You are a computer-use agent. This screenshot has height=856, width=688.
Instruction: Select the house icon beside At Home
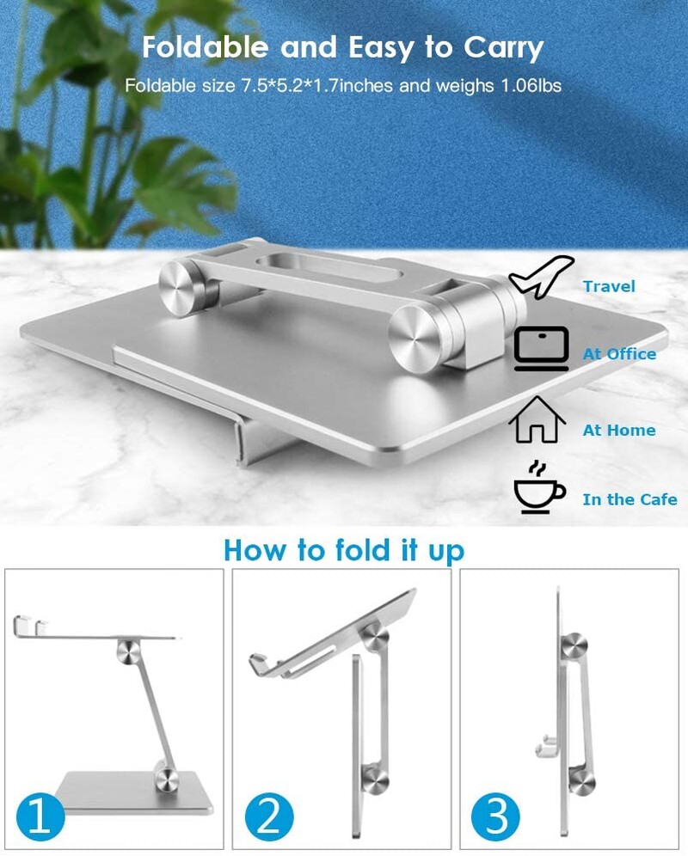click(537, 419)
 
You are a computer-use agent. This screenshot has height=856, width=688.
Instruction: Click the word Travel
click(609, 286)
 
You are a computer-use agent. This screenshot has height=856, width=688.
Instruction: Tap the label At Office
click(619, 354)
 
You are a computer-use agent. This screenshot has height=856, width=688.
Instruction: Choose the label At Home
click(618, 431)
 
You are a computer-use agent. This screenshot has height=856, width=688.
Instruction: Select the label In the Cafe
click(630, 499)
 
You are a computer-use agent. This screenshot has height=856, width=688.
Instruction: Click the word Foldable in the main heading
click(205, 47)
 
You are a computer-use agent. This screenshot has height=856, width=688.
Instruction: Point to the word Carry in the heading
click(503, 49)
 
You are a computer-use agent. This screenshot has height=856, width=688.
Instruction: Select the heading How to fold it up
click(344, 550)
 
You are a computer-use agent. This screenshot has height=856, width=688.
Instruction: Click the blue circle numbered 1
click(40, 817)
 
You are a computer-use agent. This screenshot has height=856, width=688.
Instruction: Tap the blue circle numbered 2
click(269, 817)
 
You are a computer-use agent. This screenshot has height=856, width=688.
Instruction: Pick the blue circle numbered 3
click(495, 817)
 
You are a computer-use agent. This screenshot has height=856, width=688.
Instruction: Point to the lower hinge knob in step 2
click(376, 778)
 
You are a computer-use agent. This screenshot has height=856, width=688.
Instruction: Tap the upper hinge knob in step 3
click(574, 646)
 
